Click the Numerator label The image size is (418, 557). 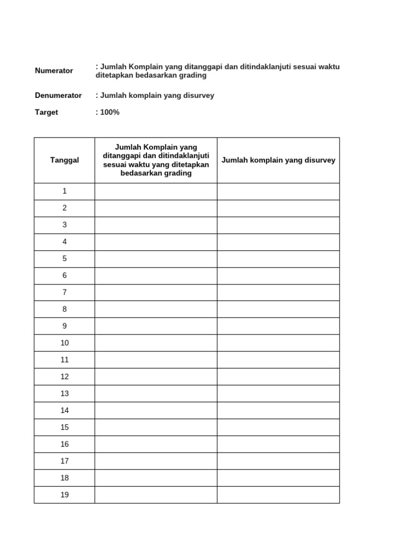[x=54, y=71]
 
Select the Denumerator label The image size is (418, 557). [x=58, y=95]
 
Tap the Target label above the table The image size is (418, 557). [x=46, y=112]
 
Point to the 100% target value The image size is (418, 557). [x=109, y=112]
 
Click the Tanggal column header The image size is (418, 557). [x=65, y=160]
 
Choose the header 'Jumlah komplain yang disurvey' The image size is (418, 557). [x=278, y=160]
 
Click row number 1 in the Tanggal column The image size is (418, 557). [x=65, y=191]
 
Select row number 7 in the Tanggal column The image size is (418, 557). [x=65, y=292]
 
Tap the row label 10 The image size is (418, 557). [x=65, y=343]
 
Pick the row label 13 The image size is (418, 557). [x=65, y=393]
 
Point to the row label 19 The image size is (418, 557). [x=65, y=494]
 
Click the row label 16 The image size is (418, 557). [x=65, y=444]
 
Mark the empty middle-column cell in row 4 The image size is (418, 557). [x=156, y=242]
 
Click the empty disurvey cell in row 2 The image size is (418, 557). [x=278, y=208]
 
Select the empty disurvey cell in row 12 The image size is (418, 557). [x=278, y=376]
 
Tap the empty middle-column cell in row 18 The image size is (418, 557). [x=156, y=478]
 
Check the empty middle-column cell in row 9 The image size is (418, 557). [x=156, y=326]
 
